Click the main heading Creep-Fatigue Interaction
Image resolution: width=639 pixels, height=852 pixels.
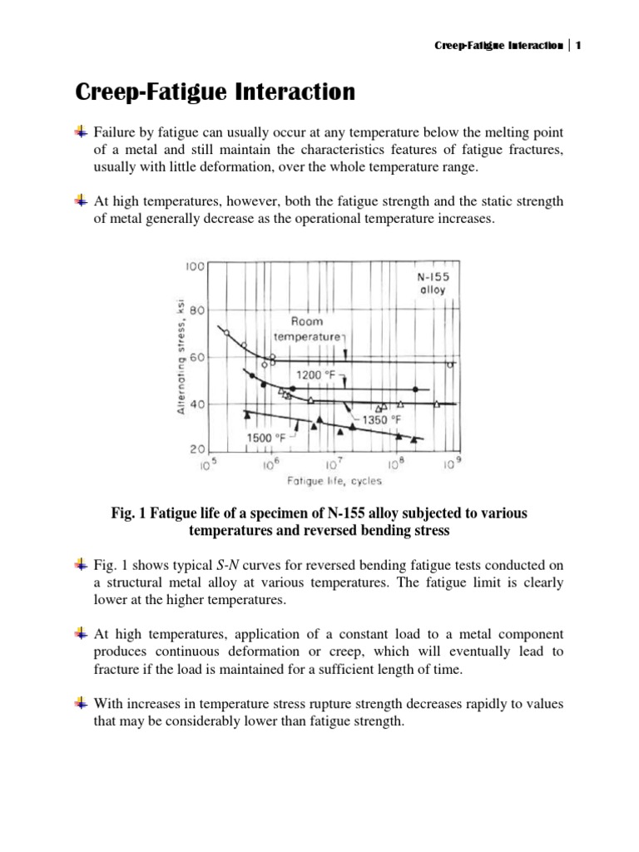coord(215,92)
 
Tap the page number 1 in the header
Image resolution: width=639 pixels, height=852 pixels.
coord(577,45)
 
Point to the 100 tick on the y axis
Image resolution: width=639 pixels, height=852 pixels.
coord(195,266)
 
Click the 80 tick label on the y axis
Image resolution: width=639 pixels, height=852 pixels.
coord(196,310)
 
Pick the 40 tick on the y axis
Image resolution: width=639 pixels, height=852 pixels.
coord(196,404)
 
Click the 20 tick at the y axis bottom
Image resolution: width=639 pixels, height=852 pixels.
coord(196,449)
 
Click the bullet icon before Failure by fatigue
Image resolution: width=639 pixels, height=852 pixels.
coord(80,131)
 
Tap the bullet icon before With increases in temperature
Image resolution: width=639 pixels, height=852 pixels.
coord(80,704)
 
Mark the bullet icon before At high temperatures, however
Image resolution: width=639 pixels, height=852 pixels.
coord(80,201)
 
